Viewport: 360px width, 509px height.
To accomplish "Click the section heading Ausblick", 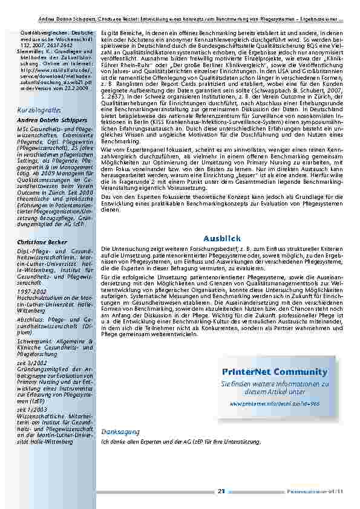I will pyautogui.click(x=222, y=239).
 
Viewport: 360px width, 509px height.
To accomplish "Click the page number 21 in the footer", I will pyautogui.click(x=221, y=491).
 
